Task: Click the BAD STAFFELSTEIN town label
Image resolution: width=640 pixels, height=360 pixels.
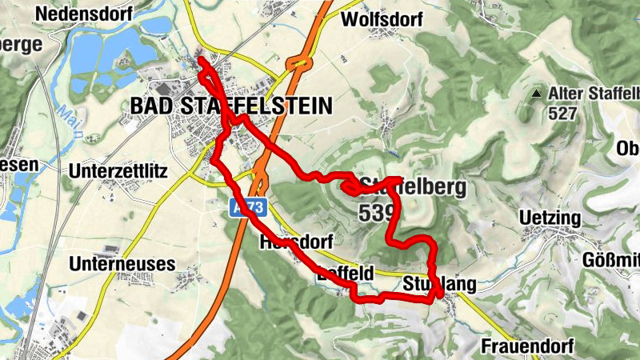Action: click(230, 106)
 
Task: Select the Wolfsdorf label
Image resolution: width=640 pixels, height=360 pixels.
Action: click(380, 19)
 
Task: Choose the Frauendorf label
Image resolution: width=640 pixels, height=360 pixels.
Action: click(528, 346)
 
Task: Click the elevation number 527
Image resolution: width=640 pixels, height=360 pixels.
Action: click(563, 114)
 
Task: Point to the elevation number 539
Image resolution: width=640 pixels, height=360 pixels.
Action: click(378, 213)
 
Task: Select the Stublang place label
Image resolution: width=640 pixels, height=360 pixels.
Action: click(440, 284)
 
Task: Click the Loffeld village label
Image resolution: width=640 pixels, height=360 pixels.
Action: click(345, 274)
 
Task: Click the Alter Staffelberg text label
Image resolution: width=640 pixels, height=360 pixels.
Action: click(594, 94)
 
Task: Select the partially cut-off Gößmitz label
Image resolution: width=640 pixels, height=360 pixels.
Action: click(611, 259)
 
